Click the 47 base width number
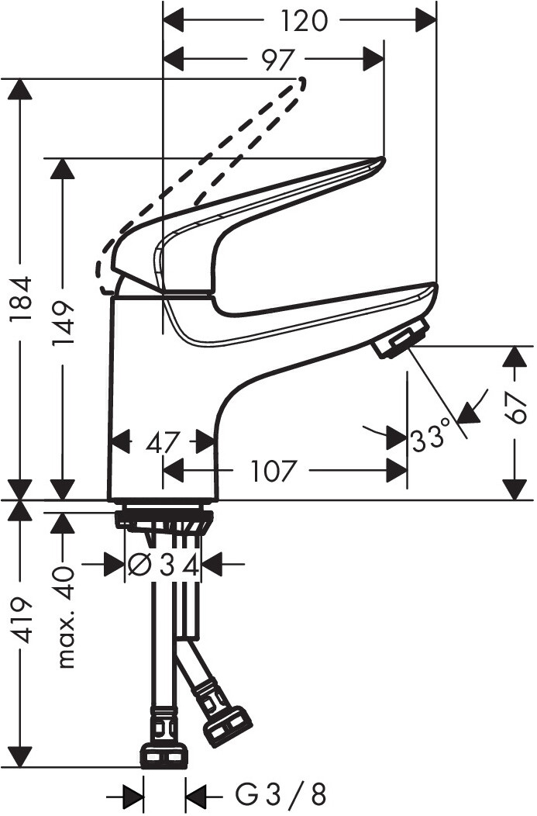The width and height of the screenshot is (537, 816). point(163,443)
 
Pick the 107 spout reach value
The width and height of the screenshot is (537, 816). point(274,471)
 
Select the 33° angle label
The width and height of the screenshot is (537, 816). point(429,438)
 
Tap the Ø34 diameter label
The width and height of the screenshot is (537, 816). point(164,565)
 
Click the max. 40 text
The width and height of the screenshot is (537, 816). point(65,617)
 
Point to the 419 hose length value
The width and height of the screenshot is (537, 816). point(22,627)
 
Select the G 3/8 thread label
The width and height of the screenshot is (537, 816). point(281,796)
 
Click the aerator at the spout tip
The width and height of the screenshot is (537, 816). point(401,338)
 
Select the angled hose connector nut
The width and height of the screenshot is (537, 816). point(226,727)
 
